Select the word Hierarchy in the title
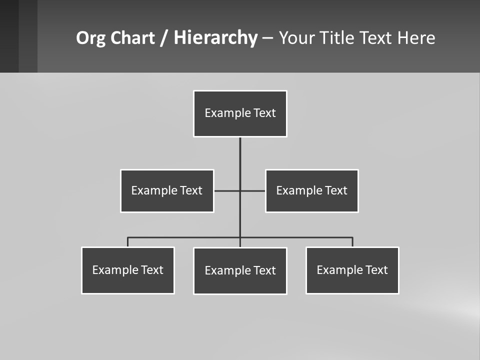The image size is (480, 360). pyautogui.click(x=215, y=38)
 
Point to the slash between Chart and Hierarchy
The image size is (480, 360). pyautogui.click(x=164, y=38)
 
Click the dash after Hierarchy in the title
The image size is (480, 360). pyautogui.click(x=267, y=38)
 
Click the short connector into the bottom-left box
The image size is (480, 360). pyautogui.click(x=128, y=242)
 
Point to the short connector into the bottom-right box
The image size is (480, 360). pyautogui.click(x=352, y=242)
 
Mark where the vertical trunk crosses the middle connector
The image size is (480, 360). pyautogui.click(x=240, y=190)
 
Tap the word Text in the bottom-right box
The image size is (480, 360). pyautogui.click(x=376, y=270)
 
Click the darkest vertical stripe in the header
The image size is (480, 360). pyautogui.click(x=9, y=36)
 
